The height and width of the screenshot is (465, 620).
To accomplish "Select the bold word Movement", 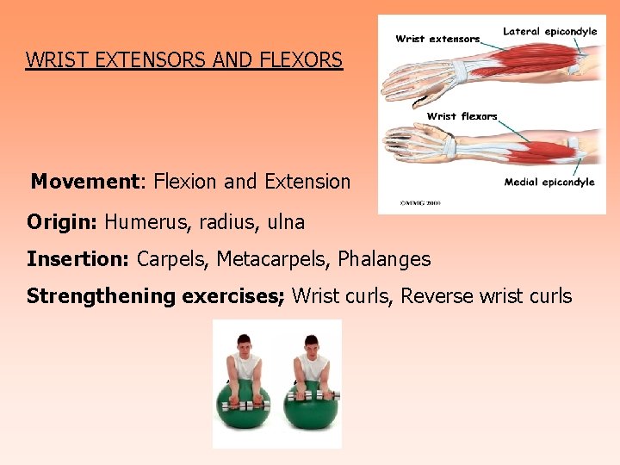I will click(84, 182).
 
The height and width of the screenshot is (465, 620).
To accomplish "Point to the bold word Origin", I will click(61, 221).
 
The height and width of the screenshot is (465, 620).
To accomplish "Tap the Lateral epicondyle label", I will click(549, 32).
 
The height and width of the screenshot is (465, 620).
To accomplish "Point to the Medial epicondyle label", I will click(549, 182).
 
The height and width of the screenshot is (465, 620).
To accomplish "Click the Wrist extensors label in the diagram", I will click(437, 39).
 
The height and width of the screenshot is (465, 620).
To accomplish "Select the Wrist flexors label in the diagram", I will click(462, 116).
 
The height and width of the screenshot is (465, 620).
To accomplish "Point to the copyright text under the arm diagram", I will click(419, 203).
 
